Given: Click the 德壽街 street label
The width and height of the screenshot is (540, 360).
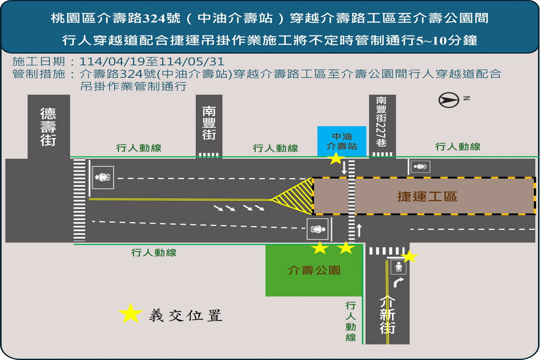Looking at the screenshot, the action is (x=48, y=127).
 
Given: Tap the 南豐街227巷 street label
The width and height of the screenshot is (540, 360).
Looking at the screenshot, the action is (x=382, y=121).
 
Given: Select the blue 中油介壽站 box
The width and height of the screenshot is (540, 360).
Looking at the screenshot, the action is (x=342, y=141).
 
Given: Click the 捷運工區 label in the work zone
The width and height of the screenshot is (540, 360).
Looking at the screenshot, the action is (x=427, y=196).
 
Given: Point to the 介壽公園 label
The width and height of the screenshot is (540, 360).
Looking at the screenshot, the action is (x=314, y=270).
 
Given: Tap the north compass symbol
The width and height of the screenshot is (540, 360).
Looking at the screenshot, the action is (x=449, y=100).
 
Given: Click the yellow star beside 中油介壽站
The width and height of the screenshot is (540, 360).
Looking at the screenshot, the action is (x=336, y=159).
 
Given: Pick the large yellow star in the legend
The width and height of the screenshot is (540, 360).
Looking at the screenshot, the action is (x=130, y=314).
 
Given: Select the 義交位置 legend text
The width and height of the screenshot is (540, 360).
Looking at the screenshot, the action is (x=185, y=315).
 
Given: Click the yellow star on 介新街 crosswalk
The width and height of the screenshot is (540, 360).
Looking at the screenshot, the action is (x=409, y=256).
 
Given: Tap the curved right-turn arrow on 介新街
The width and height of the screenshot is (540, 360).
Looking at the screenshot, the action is (x=398, y=282).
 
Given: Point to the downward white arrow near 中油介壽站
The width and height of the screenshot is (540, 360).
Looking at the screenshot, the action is (x=344, y=167).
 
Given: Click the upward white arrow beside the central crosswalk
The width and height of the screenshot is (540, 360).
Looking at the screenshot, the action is (x=359, y=230).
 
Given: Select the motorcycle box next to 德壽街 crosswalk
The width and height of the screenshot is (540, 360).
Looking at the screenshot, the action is (x=103, y=177).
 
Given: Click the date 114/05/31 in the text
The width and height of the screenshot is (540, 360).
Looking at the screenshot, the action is (x=192, y=62).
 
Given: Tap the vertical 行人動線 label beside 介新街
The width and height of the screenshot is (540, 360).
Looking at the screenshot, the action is (x=351, y=322).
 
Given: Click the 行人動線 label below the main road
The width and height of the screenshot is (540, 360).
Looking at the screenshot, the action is (x=154, y=253).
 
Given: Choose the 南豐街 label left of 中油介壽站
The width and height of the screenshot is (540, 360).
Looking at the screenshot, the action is (x=209, y=123).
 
